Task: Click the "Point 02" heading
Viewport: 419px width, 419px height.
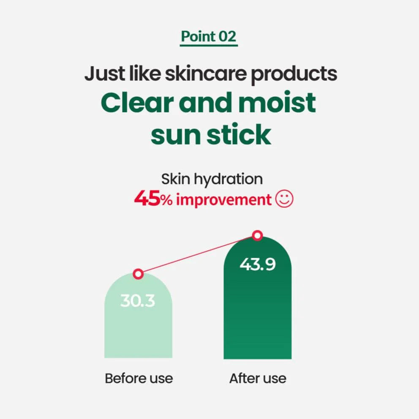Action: (209, 37)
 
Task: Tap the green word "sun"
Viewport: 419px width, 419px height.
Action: (175, 135)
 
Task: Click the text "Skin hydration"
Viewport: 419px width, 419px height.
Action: (212, 179)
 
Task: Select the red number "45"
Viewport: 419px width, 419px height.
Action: (147, 199)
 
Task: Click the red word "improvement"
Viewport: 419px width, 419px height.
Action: (223, 199)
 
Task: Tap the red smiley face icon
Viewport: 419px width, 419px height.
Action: (284, 199)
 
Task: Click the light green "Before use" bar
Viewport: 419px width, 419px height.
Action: (138, 325)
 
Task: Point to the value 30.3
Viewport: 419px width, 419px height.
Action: (138, 301)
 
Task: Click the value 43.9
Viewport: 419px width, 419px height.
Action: (257, 264)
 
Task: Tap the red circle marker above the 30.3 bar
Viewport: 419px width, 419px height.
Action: (138, 274)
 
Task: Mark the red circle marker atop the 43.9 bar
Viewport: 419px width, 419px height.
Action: (257, 235)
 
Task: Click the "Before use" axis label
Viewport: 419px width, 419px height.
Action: (139, 378)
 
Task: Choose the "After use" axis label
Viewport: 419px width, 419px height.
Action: (258, 378)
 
